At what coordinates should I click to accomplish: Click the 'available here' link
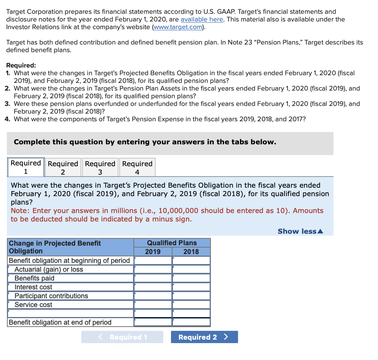click(202, 19)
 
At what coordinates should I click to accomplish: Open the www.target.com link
click(178, 27)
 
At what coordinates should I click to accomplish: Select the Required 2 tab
click(63, 167)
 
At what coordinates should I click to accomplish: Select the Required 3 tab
click(100, 167)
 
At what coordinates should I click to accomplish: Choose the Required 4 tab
click(137, 167)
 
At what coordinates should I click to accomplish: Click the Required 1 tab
click(26, 167)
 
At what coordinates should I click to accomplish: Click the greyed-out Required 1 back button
click(122, 337)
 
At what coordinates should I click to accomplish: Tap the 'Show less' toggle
click(300, 231)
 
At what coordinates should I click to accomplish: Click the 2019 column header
click(153, 252)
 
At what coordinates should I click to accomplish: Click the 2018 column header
click(191, 252)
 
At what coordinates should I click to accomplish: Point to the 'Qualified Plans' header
click(172, 243)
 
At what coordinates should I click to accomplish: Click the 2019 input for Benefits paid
click(153, 278)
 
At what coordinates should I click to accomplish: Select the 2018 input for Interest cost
click(191, 287)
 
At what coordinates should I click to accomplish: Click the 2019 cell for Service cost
click(153, 305)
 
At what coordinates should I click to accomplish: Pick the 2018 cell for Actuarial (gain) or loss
click(191, 269)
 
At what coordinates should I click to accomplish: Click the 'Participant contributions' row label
click(51, 296)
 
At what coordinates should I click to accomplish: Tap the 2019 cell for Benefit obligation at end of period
click(153, 322)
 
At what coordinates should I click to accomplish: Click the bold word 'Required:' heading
click(21, 66)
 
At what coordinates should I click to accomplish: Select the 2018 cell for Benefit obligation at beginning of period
click(191, 261)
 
